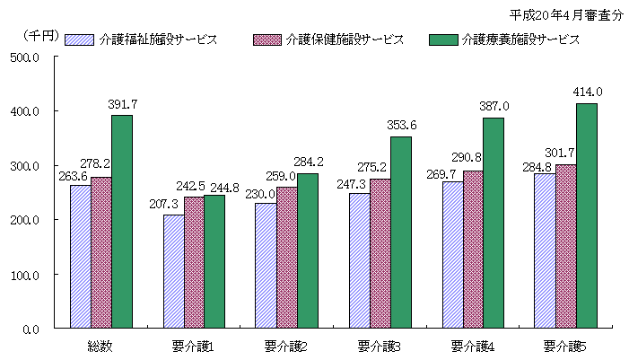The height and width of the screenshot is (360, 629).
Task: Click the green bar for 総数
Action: (122, 222)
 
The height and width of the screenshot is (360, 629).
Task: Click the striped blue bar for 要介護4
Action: (452, 255)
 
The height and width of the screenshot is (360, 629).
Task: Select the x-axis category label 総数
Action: (100, 346)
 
